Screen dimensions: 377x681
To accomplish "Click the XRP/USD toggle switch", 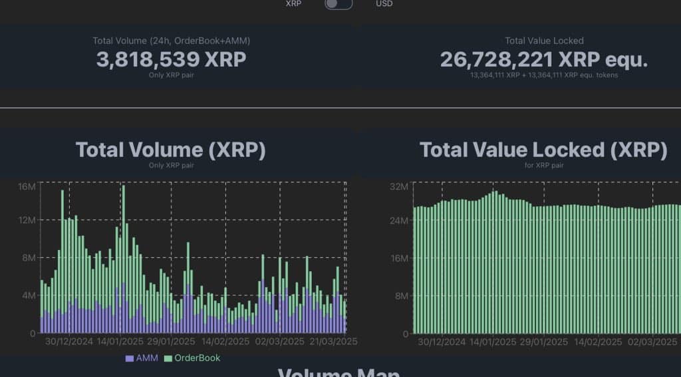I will [338, 4].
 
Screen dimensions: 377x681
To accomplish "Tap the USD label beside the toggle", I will [384, 4].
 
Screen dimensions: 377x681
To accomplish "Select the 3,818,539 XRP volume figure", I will [171, 59].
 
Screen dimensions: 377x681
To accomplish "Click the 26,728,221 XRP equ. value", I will [543, 59].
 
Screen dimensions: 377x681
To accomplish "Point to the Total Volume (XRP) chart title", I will [171, 150].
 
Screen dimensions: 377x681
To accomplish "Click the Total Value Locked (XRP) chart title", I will [543, 150].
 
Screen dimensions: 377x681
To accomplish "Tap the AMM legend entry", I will [142, 358].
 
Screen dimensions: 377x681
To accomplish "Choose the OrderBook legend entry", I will [192, 358].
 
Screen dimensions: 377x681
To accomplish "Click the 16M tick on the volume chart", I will [27, 186].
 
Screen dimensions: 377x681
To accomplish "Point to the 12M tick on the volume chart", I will [27, 220].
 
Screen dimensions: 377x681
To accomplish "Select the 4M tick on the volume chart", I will [27, 295].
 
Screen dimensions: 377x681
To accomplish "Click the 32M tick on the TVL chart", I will [398, 186].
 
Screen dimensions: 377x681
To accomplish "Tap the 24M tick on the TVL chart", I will [398, 220].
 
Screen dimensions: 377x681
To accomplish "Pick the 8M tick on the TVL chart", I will [400, 295].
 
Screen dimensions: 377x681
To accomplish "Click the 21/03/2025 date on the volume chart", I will [334, 341].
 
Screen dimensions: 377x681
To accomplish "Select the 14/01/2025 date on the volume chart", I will [122, 341].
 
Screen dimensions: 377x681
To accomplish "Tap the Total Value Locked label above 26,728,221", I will [544, 41].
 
